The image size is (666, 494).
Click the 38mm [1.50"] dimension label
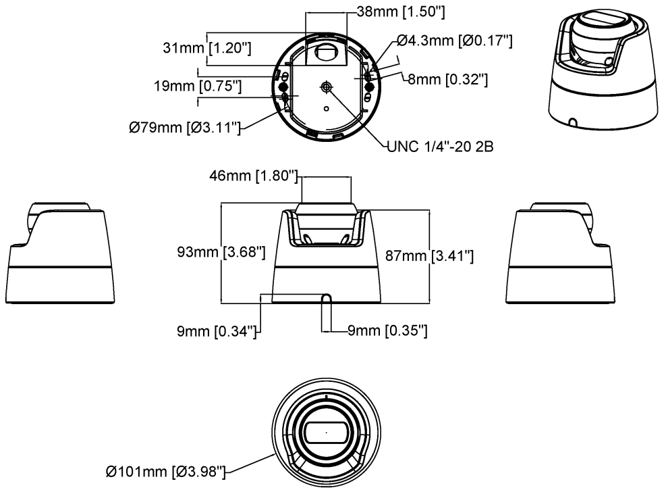point(401,11)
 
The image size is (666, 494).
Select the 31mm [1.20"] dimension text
point(207,48)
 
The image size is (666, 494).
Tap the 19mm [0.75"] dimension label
point(198,86)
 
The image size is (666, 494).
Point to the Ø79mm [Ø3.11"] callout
point(185,127)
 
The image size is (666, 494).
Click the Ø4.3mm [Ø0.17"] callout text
point(455,41)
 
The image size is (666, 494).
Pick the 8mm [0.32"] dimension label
point(447,79)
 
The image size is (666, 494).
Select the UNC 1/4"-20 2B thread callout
point(441,147)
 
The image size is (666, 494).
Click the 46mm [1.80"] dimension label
point(254,176)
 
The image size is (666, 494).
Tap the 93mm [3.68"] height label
point(221,252)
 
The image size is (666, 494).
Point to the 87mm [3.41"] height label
point(429,255)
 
